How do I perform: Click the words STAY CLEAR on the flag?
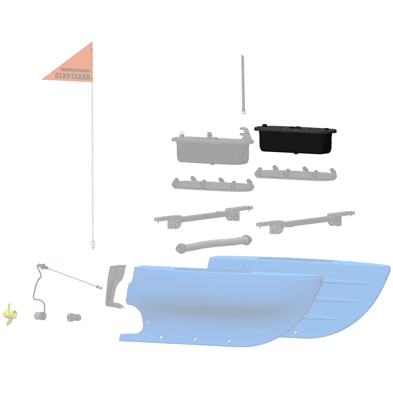pos(72,76)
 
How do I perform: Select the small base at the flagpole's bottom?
pos(93,245)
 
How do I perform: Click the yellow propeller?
pos(9,314)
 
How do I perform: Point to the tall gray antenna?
pos(243,84)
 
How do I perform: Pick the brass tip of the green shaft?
pos(100,287)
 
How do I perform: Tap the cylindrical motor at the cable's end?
pos(39,314)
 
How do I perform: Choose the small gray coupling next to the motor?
pos(73,317)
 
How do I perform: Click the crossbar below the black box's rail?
pos(307,221)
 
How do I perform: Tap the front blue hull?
pos(220,307)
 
